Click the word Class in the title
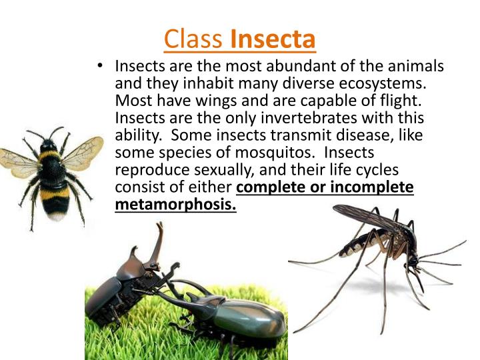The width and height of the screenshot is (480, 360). pyautogui.click(x=193, y=39)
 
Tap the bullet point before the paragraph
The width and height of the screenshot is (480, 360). pyautogui.click(x=99, y=67)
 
